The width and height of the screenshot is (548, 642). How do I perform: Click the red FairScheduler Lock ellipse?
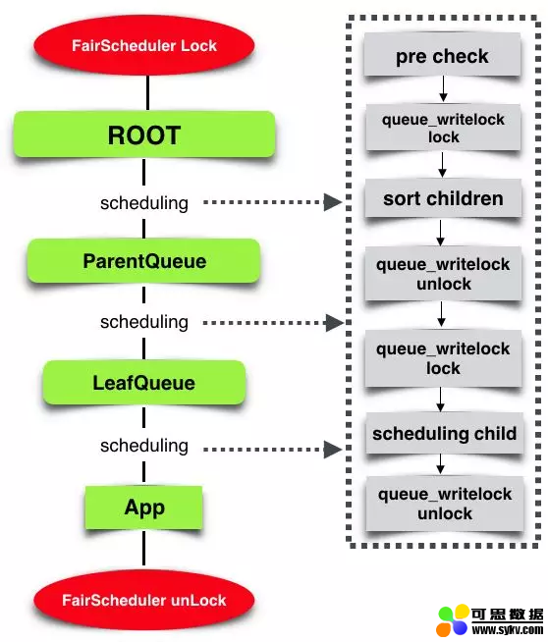144,45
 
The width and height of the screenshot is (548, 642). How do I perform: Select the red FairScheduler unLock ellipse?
144,600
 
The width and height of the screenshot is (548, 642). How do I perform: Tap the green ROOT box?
144,134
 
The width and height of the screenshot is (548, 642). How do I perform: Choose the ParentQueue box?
144,261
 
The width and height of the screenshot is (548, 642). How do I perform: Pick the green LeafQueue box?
144,383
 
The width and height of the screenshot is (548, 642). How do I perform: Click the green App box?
144,508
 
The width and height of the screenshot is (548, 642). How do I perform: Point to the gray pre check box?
442,55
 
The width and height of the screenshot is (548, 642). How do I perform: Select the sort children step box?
443,198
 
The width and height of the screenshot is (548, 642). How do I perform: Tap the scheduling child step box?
444,433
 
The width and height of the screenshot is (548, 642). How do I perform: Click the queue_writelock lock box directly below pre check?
443,128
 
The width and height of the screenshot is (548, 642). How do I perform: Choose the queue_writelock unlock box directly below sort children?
443,274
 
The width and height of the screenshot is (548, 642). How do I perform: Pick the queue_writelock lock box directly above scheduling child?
443,358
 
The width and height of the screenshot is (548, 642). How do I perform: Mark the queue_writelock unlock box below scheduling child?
445,504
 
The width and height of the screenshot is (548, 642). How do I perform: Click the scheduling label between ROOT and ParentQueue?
144,203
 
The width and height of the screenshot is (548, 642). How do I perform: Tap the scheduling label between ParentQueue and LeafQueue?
144,322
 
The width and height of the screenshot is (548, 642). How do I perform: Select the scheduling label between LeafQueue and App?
144,446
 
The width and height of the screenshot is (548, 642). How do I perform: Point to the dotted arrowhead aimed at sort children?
333,202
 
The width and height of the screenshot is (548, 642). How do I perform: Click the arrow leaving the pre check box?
443,89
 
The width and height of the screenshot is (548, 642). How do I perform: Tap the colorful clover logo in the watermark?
453,620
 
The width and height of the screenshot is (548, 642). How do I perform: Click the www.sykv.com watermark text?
508,629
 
